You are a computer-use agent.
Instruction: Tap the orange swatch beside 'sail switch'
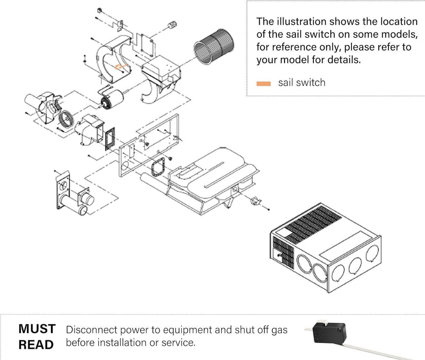pyautogui.click(x=263, y=83)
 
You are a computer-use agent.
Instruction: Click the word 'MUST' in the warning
pyautogui.click(x=37, y=329)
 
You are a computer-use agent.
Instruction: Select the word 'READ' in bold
pyautogui.click(x=36, y=345)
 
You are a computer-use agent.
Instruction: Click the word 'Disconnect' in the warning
pyautogui.click(x=91, y=330)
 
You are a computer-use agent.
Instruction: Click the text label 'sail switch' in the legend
pyautogui.click(x=302, y=83)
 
